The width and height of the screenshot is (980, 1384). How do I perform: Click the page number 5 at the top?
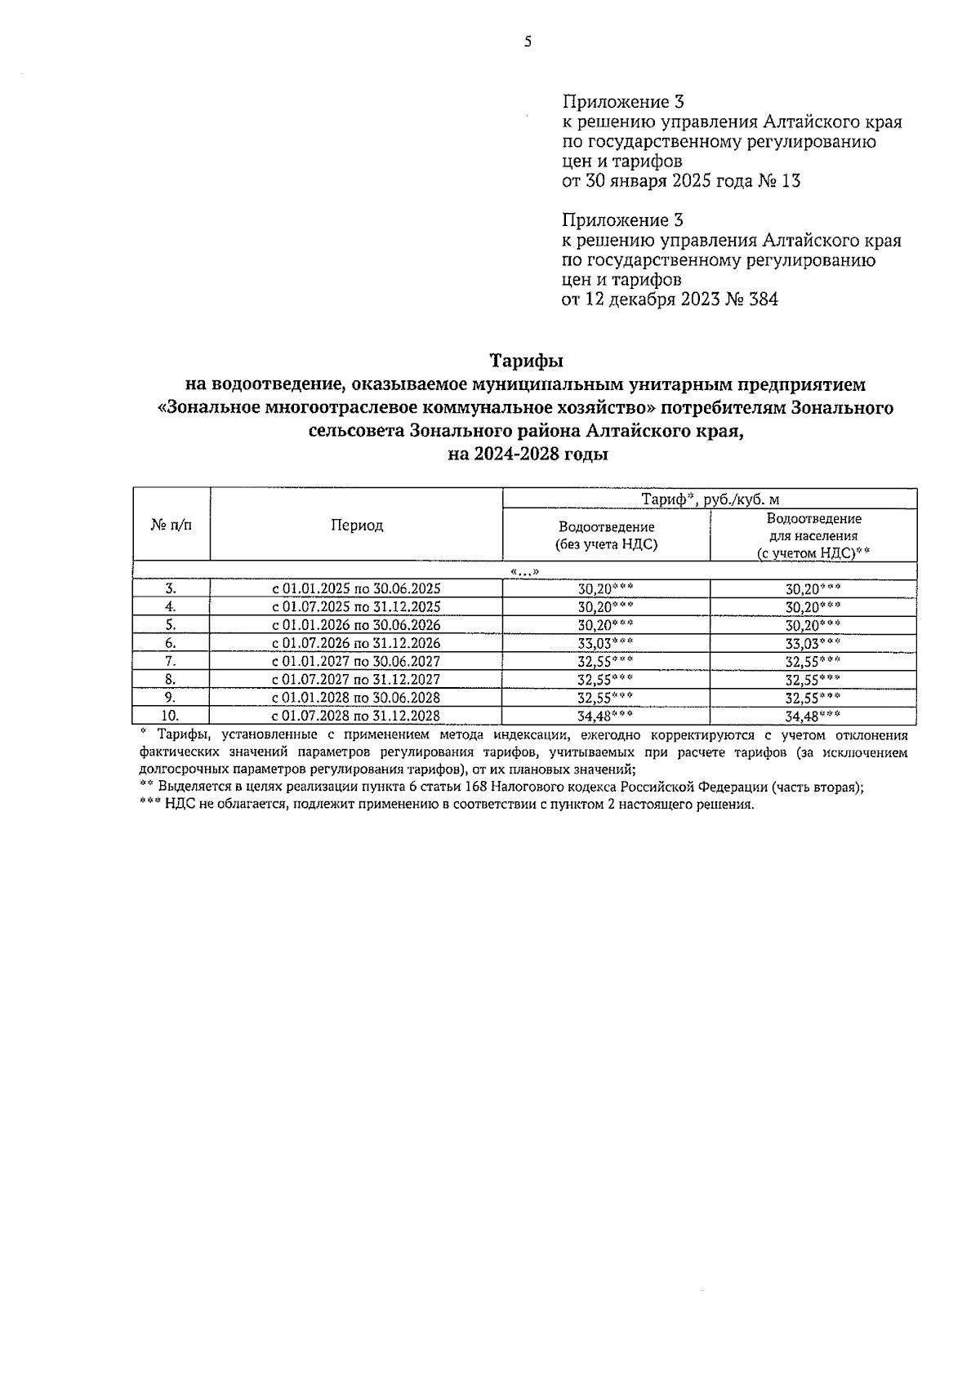coord(528,42)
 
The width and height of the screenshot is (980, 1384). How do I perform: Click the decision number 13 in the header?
coord(790,181)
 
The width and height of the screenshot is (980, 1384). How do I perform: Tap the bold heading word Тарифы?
coord(527,360)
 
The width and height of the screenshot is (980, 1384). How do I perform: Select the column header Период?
coord(356,526)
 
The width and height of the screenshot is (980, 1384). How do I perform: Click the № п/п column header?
coord(171,526)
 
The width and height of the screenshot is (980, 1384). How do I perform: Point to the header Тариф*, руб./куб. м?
coord(709,499)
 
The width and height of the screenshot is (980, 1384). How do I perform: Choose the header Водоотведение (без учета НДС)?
coord(606,535)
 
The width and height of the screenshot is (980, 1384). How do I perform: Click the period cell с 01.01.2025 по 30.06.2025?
coord(356,588)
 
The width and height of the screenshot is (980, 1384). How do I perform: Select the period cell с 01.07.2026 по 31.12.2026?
coord(356,643)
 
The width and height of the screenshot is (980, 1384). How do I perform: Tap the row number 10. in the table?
coord(171,716)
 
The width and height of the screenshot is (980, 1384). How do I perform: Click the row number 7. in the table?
coord(171,661)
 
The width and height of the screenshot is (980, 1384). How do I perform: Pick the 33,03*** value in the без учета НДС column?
coord(605,643)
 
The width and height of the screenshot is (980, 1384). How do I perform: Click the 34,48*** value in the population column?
coord(813,716)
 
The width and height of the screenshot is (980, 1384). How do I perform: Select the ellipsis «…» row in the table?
coord(524,571)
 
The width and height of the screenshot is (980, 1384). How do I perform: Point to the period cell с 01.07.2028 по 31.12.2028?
coord(356,716)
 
